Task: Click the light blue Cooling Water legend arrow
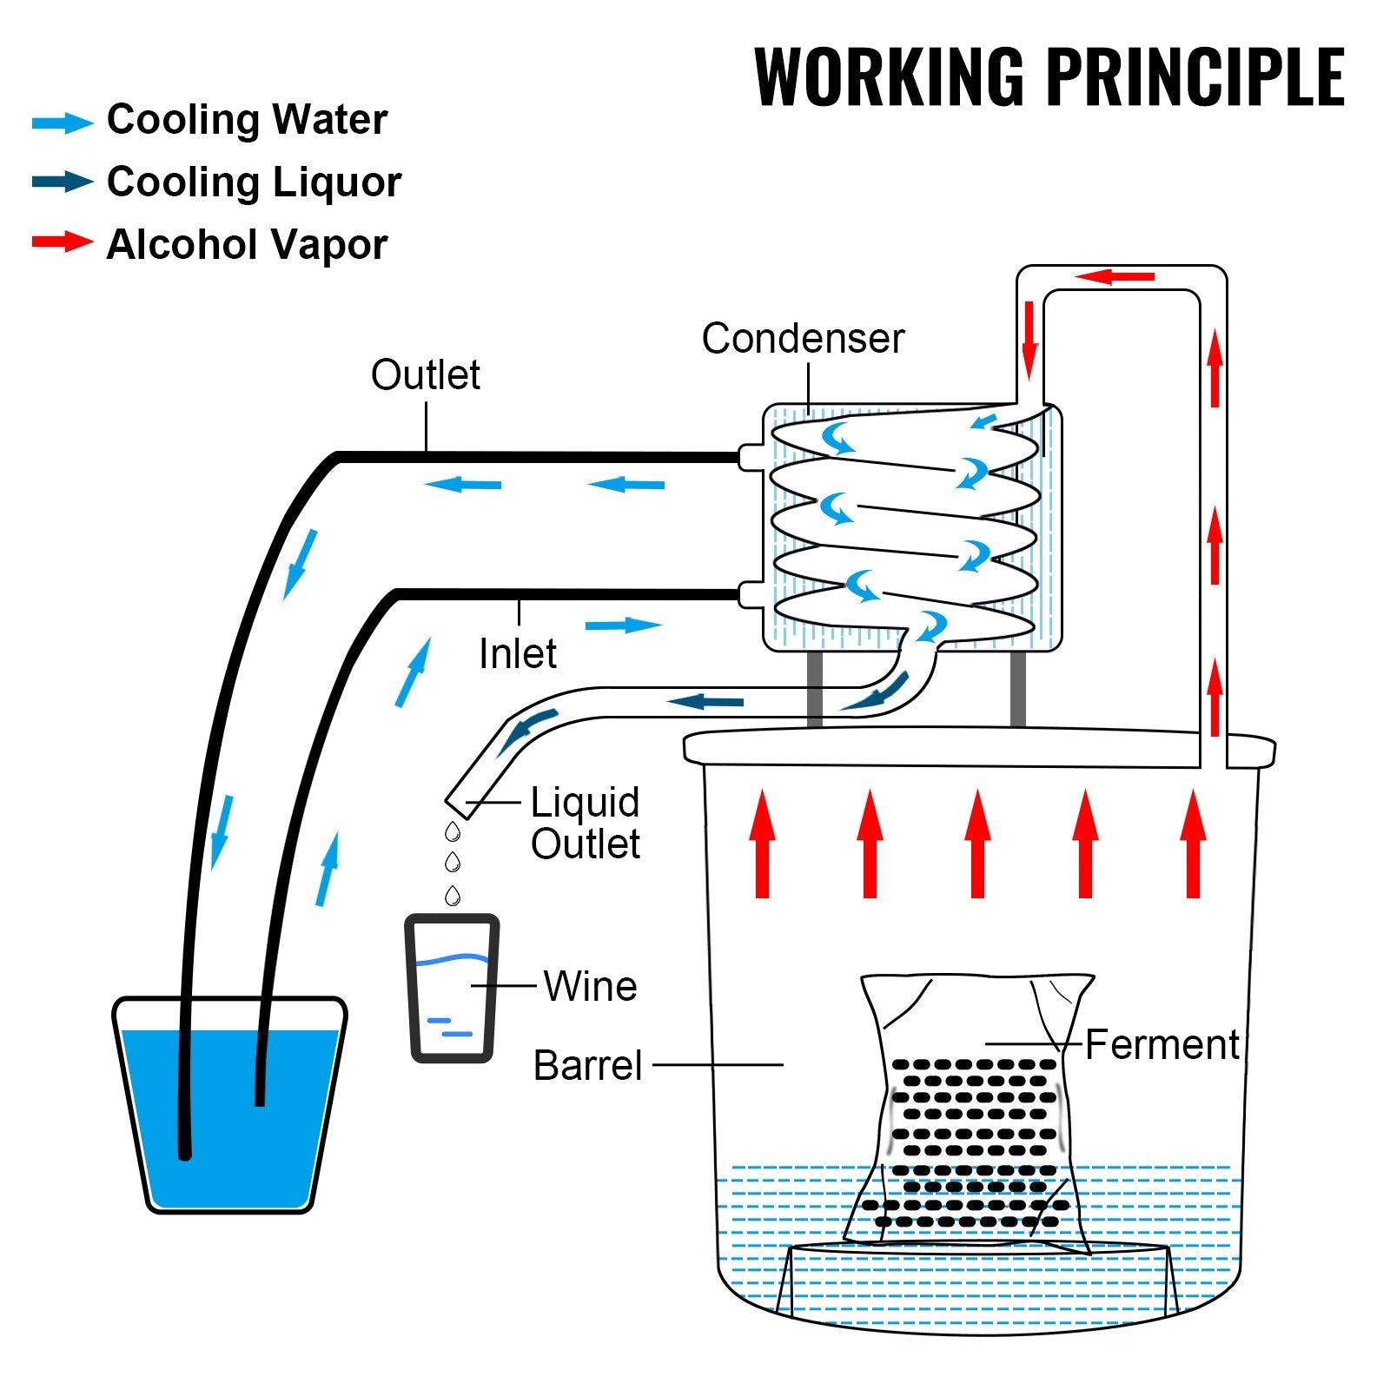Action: coord(62,122)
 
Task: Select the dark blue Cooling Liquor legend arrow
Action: coord(62,182)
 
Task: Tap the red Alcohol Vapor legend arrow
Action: coord(62,242)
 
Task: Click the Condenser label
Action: coord(802,339)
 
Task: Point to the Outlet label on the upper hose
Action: coord(425,375)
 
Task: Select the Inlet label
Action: coord(517,654)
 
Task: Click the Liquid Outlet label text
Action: coord(585,823)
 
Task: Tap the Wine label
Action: coord(590,987)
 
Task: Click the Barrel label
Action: coord(587,1066)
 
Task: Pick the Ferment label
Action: coord(1161,1045)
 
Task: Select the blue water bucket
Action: coord(229,1112)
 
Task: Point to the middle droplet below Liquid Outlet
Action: coord(452,863)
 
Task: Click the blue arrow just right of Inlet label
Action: coord(623,625)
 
